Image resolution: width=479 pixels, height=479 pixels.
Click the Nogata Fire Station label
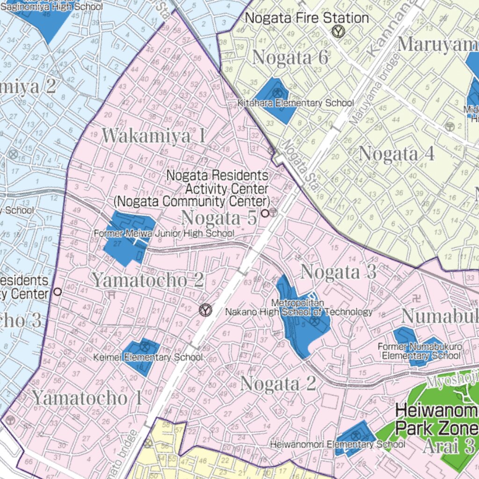pos(307,19)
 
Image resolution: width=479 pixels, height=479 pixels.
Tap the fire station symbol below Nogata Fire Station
pos(337,32)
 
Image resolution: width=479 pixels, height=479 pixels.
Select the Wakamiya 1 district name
pos(154,136)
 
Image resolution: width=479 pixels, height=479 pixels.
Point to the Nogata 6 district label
pos(290,58)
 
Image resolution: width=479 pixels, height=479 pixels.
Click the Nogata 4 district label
pos(397,153)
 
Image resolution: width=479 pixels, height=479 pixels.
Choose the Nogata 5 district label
pos(219,218)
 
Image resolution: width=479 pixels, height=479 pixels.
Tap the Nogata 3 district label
pos(338,272)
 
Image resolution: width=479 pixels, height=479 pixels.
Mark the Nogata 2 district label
pos(278,384)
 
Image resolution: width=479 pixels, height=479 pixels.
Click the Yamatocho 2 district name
pos(147,280)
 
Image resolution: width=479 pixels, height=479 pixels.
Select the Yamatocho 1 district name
pos(87,398)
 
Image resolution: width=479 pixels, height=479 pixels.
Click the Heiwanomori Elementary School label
pos(337,444)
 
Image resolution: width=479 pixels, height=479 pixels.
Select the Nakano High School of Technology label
pos(299,312)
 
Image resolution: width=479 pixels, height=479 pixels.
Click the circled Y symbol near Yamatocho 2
pos(205,310)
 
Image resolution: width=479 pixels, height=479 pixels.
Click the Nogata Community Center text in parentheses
pos(192,202)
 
